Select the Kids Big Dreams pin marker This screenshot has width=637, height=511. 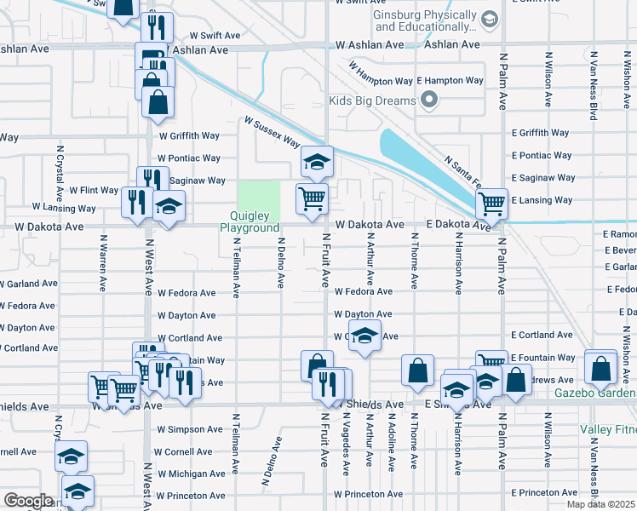pyautogui.click(x=428, y=101)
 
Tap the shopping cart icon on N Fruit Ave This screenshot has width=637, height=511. pyautogui.click(x=313, y=198)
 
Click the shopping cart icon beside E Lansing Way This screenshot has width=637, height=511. pyautogui.click(x=491, y=203)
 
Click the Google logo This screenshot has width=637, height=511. pyautogui.click(x=28, y=500)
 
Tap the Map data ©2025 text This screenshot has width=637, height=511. pyautogui.click(x=601, y=504)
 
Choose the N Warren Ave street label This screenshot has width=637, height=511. pyautogui.click(x=103, y=260)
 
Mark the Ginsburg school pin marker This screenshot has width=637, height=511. pyautogui.click(x=489, y=19)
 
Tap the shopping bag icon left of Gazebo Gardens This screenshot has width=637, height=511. pyautogui.click(x=601, y=368)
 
